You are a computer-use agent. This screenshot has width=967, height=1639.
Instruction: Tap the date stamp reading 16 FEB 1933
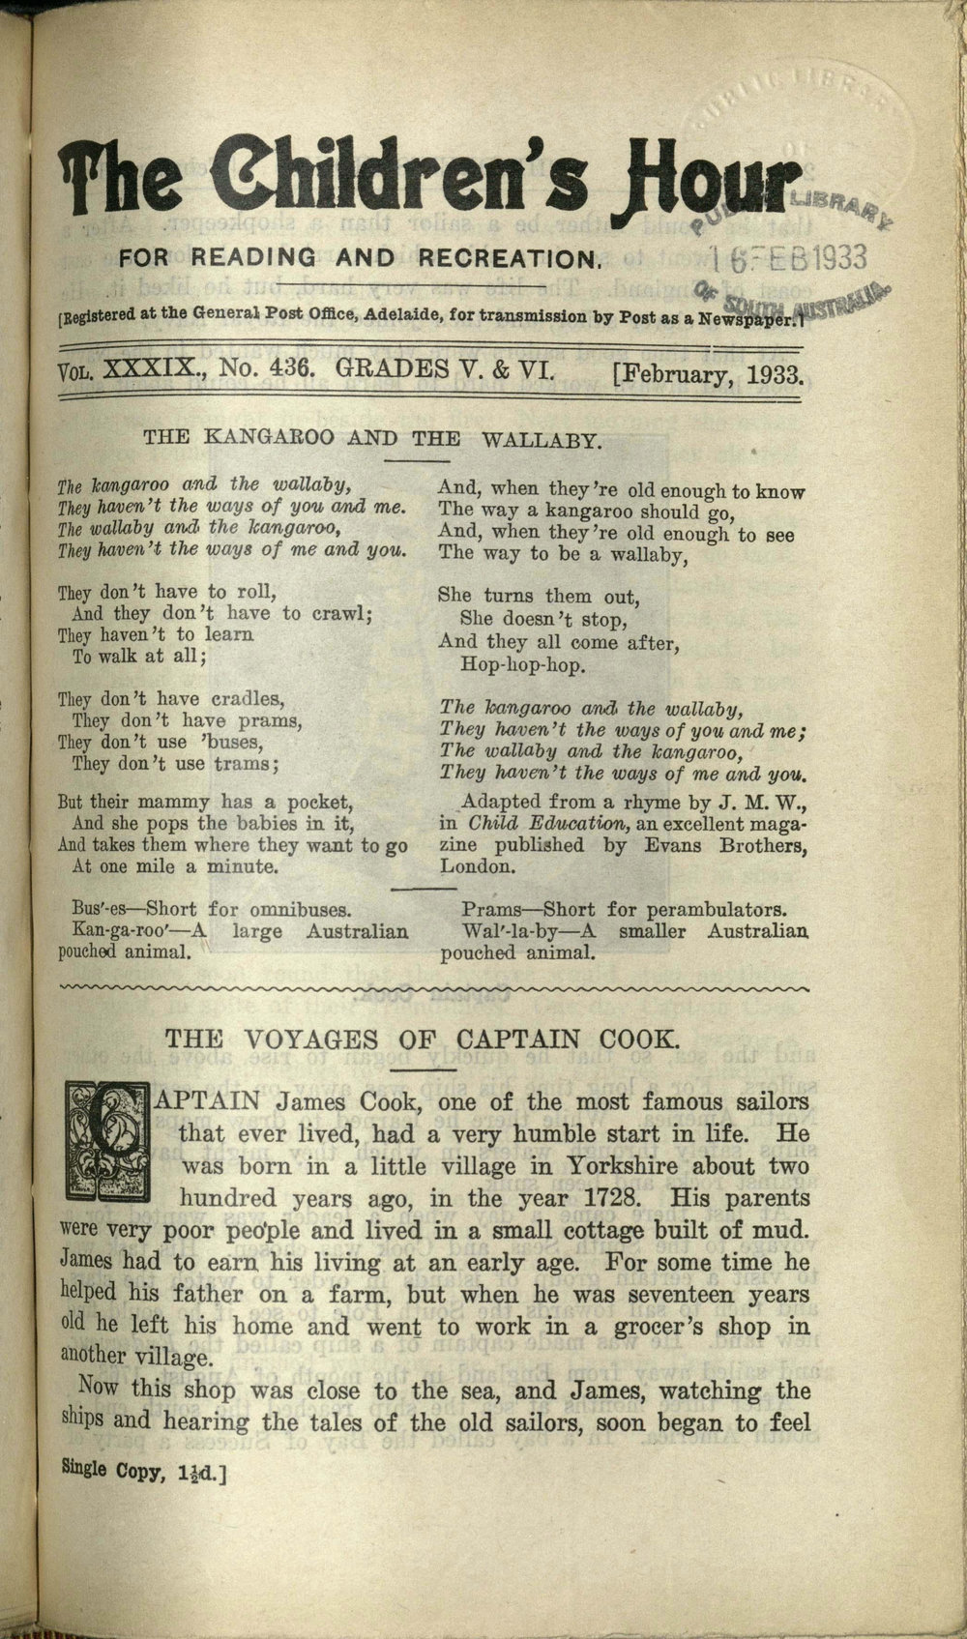coord(788,258)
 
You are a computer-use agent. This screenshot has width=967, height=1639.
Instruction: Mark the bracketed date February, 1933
coord(709,373)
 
